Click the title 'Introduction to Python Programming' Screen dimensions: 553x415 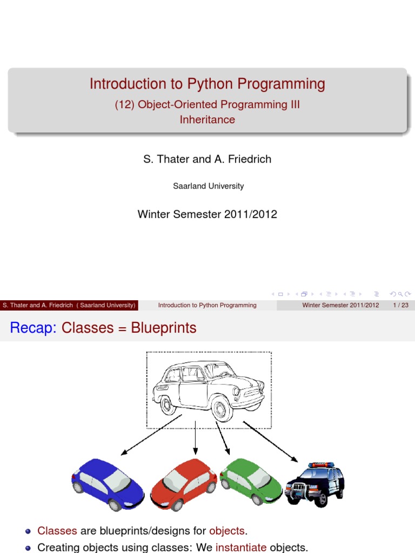207,84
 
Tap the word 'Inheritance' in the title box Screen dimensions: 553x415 207,120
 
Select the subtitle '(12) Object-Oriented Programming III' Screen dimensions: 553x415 207,105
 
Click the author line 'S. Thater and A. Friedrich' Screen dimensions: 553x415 207,159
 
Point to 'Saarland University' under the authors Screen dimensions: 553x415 208,186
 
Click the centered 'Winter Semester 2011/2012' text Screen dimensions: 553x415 207,214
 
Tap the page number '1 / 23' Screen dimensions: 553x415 400,305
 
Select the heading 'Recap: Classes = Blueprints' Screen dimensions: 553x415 103,328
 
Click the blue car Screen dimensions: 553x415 108,484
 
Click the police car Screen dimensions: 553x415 315,483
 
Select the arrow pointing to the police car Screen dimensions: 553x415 270,442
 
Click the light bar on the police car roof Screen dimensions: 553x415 321,464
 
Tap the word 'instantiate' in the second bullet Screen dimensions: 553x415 241,548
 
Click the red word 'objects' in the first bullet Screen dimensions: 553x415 226,531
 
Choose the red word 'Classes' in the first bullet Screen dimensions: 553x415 57,531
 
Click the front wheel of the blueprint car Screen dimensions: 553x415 222,407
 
